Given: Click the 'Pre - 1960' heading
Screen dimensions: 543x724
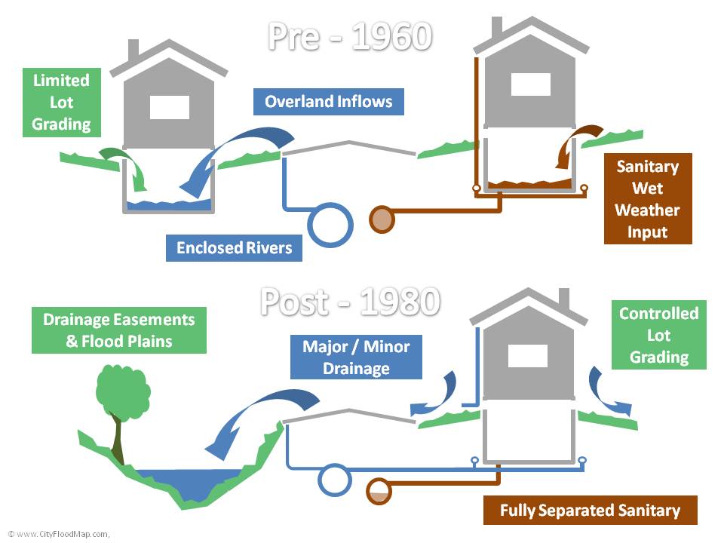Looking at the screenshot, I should pos(349,35).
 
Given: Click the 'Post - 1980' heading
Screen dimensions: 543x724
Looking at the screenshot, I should pos(349,302).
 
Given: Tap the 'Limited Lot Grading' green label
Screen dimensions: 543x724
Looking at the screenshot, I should pos(61,102).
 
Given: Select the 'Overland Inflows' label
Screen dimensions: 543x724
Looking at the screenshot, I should pos(328,101).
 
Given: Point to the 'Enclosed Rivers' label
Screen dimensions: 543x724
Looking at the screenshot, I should pos(234,247).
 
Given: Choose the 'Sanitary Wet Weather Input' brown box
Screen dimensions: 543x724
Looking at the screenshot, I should pos(647,199).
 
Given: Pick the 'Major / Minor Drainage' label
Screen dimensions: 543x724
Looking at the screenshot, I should pos(356,357).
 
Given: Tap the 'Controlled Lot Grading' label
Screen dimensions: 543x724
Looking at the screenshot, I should pos(658,335).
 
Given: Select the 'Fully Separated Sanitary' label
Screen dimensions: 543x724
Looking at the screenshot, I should pos(590,511).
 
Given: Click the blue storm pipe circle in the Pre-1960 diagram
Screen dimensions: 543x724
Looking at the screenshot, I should pos(331,224).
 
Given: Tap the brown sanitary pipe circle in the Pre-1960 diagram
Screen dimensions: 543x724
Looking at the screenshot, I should pos(382,219).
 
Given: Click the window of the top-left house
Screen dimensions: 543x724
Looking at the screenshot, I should pos(169,107).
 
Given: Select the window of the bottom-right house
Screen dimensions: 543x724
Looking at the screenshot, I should pos(528,355).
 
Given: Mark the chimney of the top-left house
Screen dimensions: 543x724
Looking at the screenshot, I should pos(133,50).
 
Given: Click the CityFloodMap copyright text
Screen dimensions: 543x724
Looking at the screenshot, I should pos(59,533).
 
